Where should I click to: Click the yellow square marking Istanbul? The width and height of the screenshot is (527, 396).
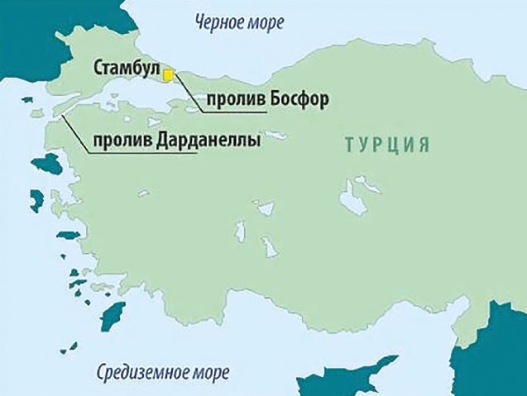(x=168, y=75)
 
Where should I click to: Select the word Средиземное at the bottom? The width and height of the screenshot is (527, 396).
(x=141, y=370)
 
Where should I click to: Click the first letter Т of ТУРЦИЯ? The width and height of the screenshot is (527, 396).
(x=349, y=145)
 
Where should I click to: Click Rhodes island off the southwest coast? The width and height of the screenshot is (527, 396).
(x=110, y=314)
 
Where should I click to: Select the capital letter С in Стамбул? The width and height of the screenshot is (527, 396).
(x=100, y=66)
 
